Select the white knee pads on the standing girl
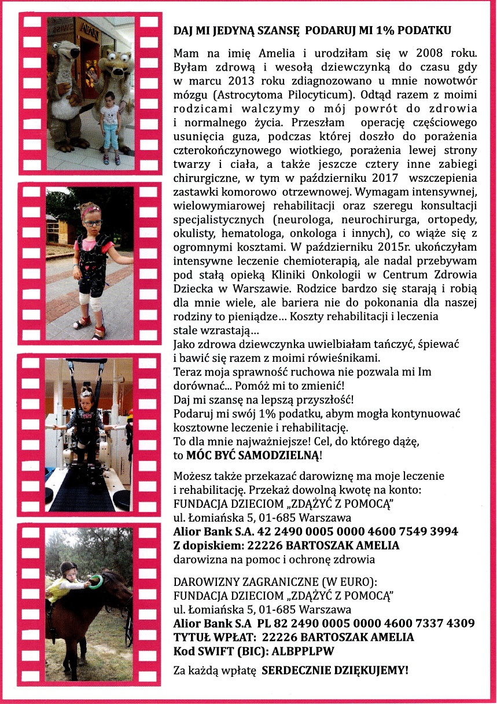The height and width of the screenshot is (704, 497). tap(94, 299)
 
